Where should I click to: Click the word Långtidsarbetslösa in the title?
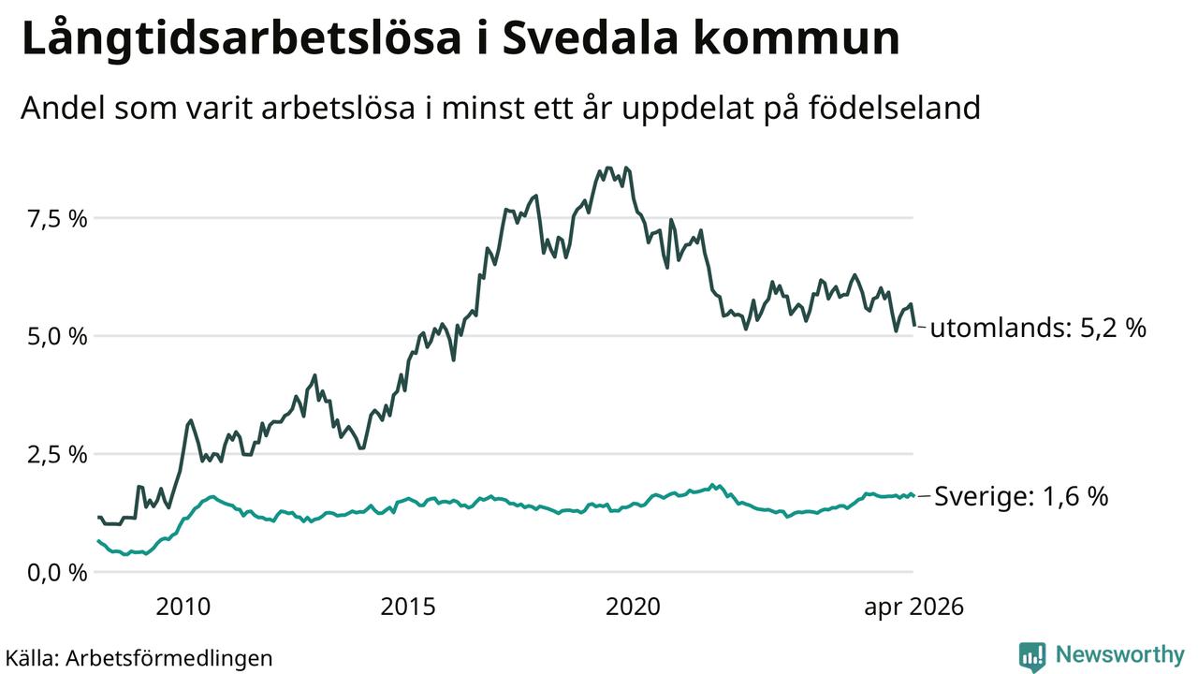click(241, 40)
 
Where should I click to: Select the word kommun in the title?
click(796, 39)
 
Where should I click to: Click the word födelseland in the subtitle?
click(894, 108)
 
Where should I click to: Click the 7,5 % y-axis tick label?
click(57, 219)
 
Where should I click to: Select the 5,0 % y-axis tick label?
click(57, 337)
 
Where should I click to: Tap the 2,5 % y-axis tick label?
click(57, 455)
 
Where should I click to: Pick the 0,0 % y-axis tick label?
click(57, 573)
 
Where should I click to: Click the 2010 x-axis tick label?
click(183, 608)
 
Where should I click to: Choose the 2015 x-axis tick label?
click(408, 608)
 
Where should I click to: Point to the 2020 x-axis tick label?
click(634, 608)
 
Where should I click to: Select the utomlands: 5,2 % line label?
click(1038, 328)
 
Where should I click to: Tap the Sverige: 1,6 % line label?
click(1021, 496)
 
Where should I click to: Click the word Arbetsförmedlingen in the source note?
click(169, 658)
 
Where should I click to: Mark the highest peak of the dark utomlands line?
click(608, 168)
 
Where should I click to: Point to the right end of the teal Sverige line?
click(914, 495)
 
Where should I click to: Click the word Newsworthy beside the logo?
click(1120, 654)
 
